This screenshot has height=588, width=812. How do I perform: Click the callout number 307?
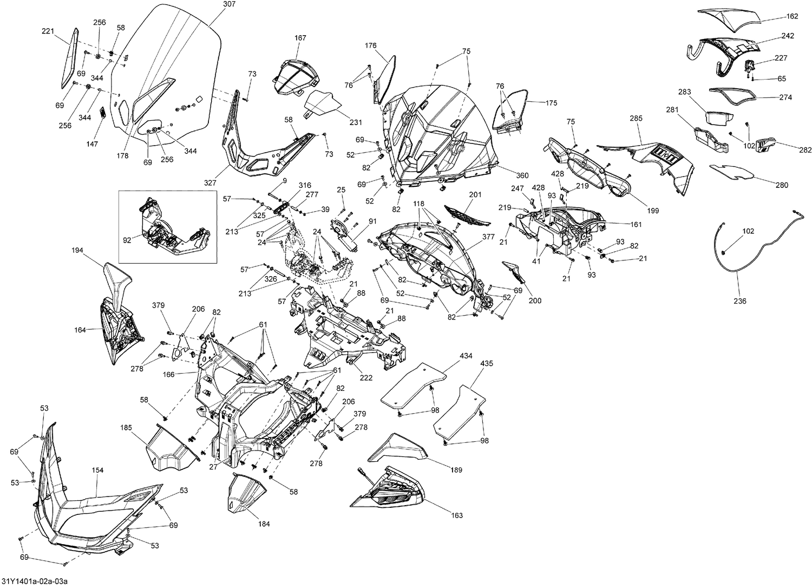[x=214, y=4]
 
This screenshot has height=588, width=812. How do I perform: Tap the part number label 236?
[x=739, y=301]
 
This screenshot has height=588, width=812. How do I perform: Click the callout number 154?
[x=97, y=470]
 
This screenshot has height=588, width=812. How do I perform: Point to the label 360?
[x=522, y=176]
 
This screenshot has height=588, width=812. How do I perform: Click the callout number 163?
[x=457, y=515]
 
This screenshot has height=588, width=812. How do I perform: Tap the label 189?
[x=456, y=470]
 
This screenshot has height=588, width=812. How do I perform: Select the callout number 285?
[x=636, y=117]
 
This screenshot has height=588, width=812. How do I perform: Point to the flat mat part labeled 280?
[x=731, y=172]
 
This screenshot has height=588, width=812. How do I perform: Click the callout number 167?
[x=300, y=38]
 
